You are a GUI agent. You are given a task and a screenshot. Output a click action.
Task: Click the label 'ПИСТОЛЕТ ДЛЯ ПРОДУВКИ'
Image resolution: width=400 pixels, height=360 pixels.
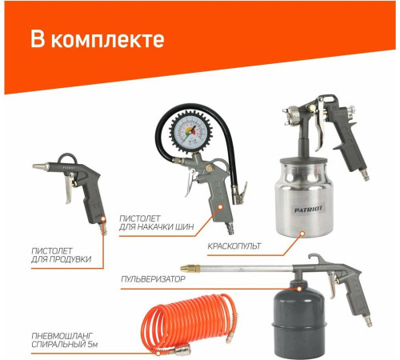(x=56, y=254)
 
